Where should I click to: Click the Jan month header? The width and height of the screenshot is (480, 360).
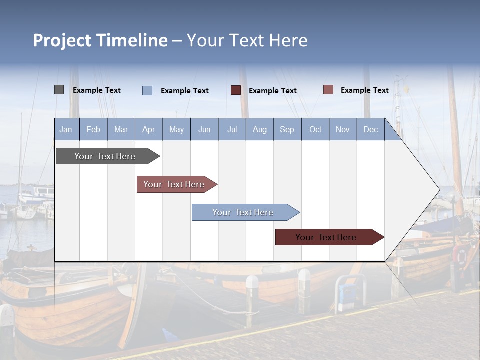coord(66,129)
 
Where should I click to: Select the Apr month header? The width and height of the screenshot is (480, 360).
coord(149,129)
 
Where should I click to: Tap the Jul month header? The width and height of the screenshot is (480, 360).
coord(232,129)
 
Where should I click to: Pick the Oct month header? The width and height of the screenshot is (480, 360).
coord(315,129)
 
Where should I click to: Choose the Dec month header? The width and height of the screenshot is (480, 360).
coord(370,129)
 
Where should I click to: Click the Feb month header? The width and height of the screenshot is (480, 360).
coord(93,129)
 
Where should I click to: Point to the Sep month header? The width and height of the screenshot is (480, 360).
coord(287,129)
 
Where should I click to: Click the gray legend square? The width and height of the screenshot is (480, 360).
coord(59,90)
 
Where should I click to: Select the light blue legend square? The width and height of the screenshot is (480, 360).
coord(147,90)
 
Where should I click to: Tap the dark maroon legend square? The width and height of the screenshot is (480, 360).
coord(236,90)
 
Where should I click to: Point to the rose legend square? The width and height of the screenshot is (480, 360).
coord(328,90)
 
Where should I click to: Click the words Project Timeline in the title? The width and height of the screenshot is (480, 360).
coord(100,40)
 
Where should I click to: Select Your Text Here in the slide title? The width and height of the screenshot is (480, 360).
coord(247,40)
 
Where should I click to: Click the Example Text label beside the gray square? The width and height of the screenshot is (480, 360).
coord(97,90)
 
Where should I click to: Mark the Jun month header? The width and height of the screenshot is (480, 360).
coord(204,129)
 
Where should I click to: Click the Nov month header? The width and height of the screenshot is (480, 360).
coord(343,129)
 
